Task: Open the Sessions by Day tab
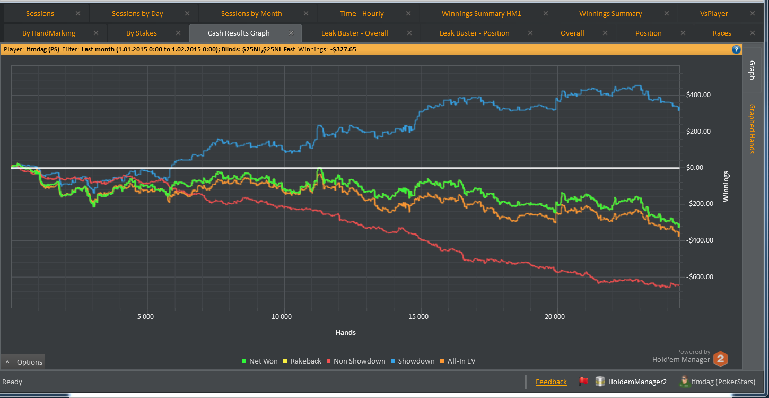(137, 14)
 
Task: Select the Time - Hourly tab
(362, 14)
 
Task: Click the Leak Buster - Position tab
(474, 33)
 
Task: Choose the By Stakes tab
(142, 33)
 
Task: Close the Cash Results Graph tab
(291, 33)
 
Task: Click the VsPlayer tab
(714, 14)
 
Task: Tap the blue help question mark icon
(736, 49)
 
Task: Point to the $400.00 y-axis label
(698, 96)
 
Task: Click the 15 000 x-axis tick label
(418, 317)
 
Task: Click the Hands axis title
(346, 333)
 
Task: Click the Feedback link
(551, 382)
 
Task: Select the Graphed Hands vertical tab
(751, 128)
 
